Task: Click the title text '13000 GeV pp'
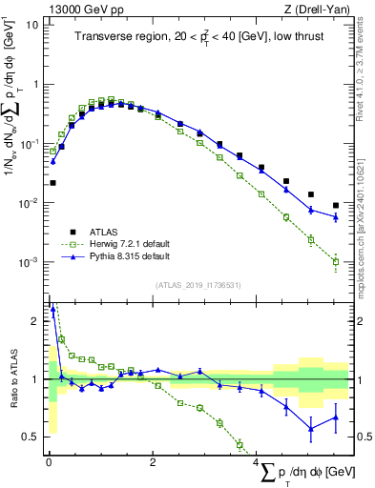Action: coord(83,9)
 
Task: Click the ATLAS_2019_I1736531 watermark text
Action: coord(198,285)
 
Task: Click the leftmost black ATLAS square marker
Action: coord(52,182)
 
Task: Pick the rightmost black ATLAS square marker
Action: coord(335,205)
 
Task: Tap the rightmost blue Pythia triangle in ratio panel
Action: coord(335,417)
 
